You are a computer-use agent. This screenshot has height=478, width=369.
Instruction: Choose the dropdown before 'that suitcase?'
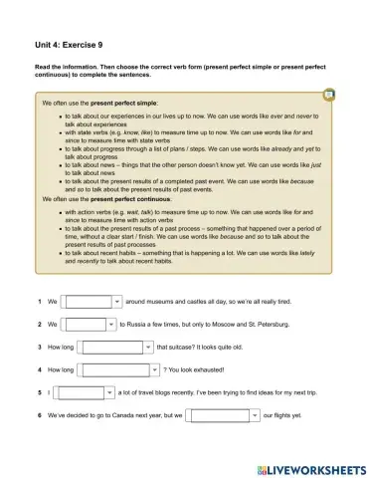[115, 348]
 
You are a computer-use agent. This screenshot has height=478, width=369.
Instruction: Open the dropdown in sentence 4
[115, 370]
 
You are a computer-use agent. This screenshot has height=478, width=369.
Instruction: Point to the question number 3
[38, 348]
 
